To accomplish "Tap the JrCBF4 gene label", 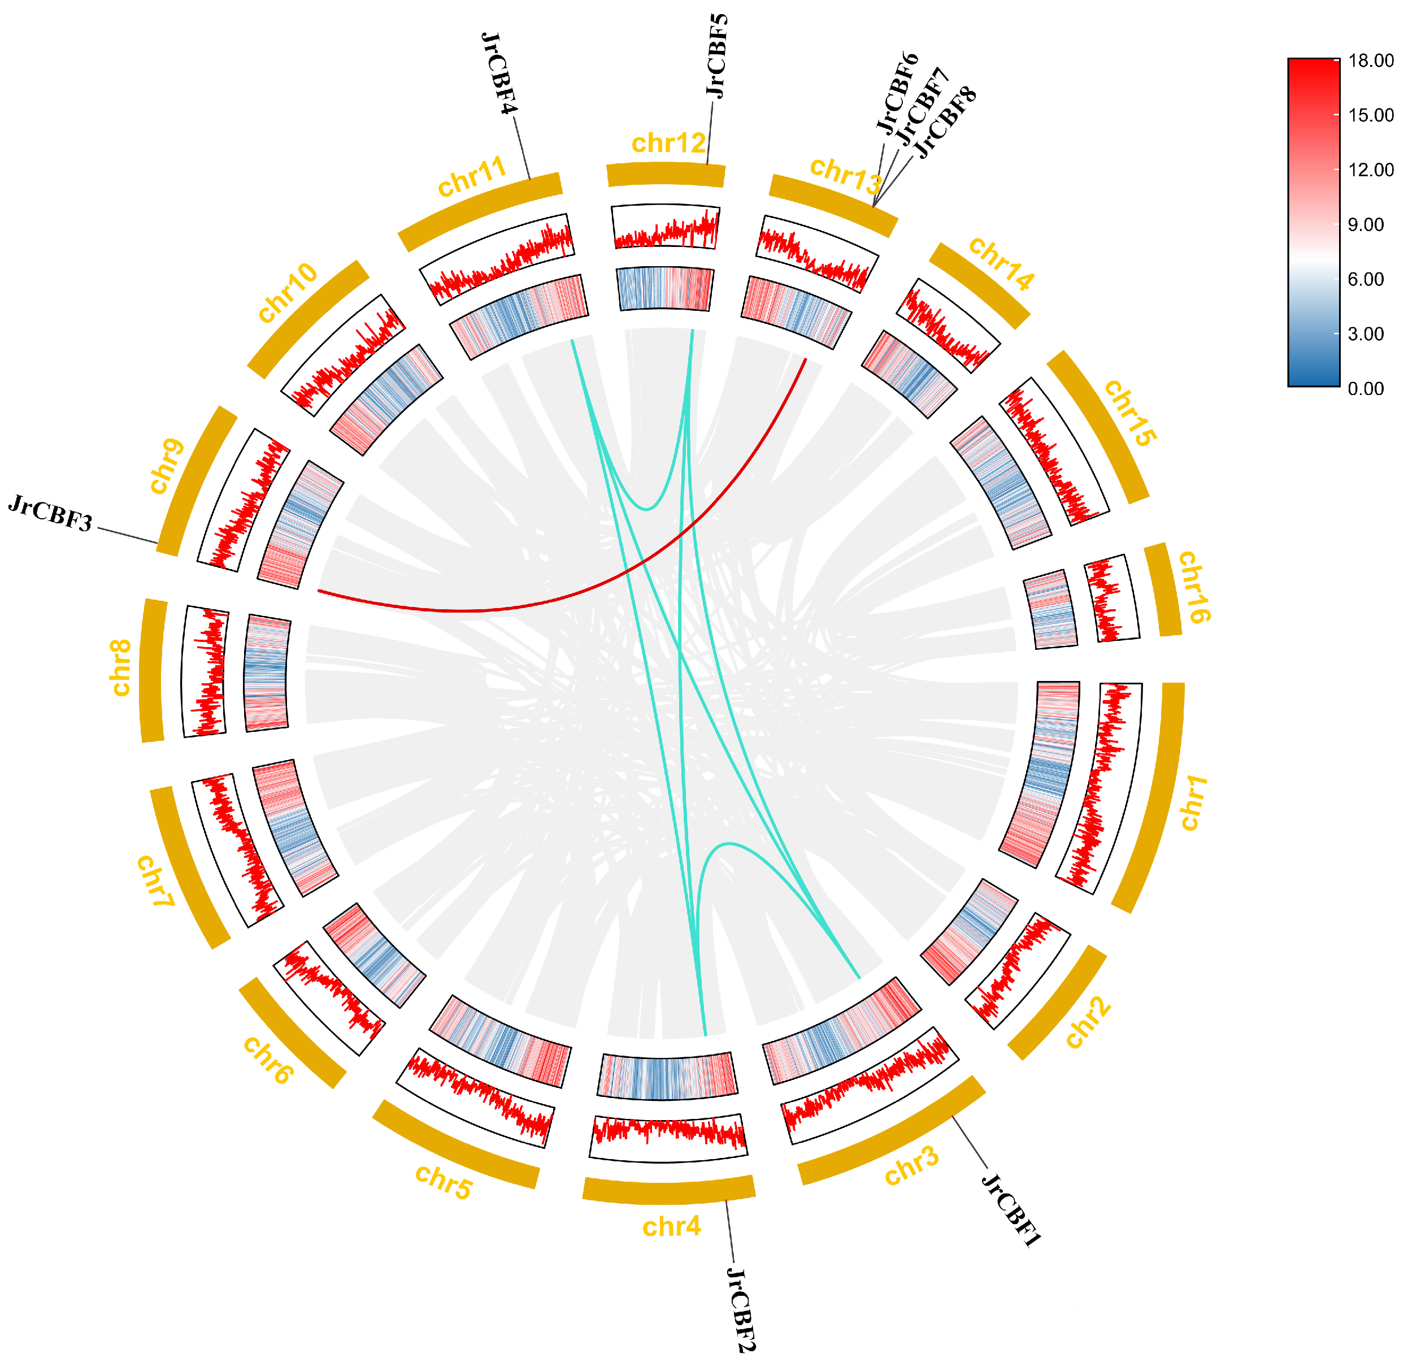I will (x=499, y=73).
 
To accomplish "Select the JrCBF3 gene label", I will (x=50, y=513).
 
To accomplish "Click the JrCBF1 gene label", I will (x=1011, y=1210).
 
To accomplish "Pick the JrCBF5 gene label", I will (x=717, y=55).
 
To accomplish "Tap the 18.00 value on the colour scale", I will (x=1371, y=60).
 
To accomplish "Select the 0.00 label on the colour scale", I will (x=1366, y=389).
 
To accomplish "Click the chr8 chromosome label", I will (x=120, y=667).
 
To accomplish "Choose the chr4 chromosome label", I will (x=672, y=1226).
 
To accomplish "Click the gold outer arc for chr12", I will (x=666, y=174).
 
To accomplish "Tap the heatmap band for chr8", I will (x=267, y=673).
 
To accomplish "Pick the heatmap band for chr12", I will (x=665, y=289).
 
